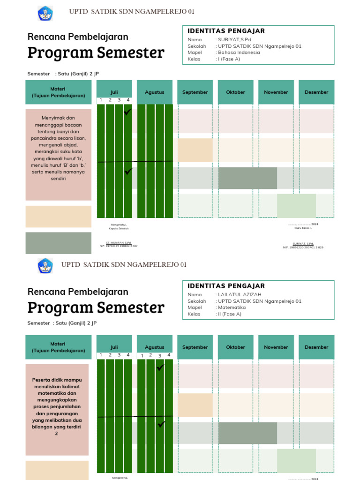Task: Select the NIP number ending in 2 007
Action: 119,246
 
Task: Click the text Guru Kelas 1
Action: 303,228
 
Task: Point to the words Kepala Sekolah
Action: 119,228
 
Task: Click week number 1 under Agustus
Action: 142,356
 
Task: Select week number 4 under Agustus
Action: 168,355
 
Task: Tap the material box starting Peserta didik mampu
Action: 57,410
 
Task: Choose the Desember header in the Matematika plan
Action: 316,347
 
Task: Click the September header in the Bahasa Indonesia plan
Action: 195,92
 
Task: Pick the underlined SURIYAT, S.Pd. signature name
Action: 303,244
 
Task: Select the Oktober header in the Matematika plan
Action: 235,347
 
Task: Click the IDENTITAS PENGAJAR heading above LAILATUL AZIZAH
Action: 226,286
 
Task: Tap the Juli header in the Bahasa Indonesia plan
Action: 114,92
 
